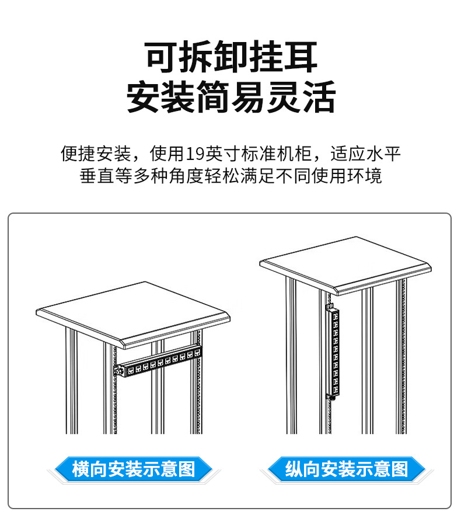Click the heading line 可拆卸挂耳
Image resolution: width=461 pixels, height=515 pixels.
[x=231, y=57]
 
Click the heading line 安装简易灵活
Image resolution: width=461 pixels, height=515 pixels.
[x=231, y=96]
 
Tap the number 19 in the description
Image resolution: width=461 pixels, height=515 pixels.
[x=195, y=154]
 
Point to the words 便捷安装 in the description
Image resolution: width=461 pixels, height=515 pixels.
[x=96, y=154]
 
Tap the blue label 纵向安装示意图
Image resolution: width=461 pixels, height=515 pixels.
[x=347, y=469]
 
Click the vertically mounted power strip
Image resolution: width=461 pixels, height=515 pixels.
[x=334, y=352]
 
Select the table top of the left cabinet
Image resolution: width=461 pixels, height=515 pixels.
[x=133, y=315]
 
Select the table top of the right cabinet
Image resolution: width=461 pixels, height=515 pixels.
[x=345, y=265]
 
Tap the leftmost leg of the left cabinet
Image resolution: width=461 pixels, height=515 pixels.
[x=71, y=380]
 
